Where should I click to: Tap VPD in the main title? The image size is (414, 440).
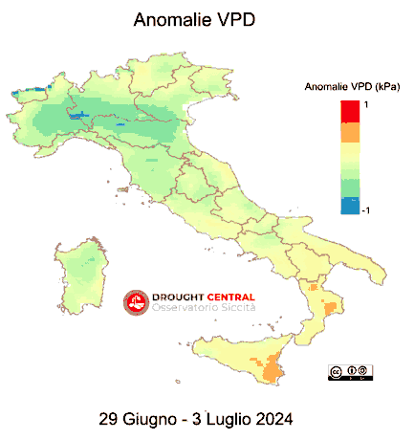click(235, 19)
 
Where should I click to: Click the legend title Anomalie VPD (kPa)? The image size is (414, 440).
click(351, 87)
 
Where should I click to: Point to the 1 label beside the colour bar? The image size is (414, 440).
click(366, 104)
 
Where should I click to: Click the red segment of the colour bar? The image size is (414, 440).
click(350, 111)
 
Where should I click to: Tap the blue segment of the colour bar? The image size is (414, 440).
click(350, 204)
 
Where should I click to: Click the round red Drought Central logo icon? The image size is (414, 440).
click(135, 302)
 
